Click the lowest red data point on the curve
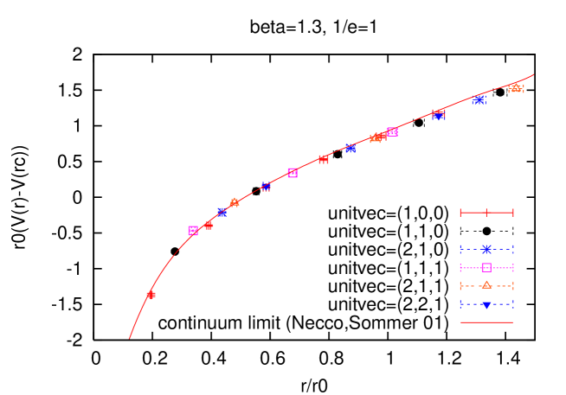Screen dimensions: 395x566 [x=151, y=295]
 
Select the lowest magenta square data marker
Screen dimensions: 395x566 [x=193, y=231]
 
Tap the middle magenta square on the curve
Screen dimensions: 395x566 [x=293, y=173]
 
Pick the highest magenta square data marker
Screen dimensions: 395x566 [x=392, y=131]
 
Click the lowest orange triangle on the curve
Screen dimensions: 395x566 [x=235, y=202]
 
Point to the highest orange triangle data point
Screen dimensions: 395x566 [x=516, y=87]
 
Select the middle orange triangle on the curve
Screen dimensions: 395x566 [x=376, y=138]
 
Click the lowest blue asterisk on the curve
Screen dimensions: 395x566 [x=222, y=212]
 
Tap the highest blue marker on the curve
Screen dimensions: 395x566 [x=479, y=99]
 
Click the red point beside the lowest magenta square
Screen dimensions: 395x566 [x=209, y=225]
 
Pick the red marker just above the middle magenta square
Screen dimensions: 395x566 [x=323, y=159]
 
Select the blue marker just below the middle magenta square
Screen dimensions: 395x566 [x=266, y=187]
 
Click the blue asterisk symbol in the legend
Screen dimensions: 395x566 [x=486, y=249]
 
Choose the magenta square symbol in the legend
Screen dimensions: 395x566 [x=486, y=267]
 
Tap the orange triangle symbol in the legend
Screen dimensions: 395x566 [x=486, y=285]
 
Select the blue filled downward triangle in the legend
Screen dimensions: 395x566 [x=486, y=304]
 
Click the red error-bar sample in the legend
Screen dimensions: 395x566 [x=486, y=212]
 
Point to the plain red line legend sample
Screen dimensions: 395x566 [x=486, y=322]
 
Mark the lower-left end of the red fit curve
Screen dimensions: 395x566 [x=129, y=338]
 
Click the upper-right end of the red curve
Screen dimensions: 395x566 [x=533, y=74]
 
